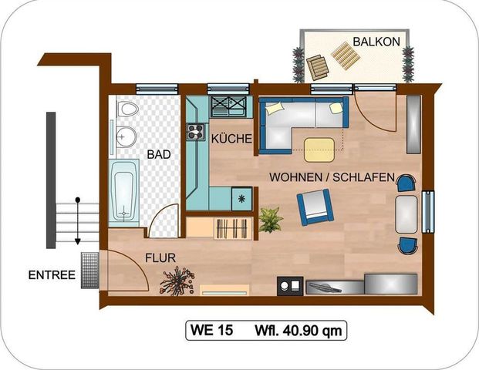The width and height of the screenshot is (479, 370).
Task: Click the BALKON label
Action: point(376,42)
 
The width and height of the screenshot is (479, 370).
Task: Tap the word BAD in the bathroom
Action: point(159,154)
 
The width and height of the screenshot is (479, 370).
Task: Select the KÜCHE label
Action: point(231,139)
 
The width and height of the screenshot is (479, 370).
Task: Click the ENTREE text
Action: point(51,274)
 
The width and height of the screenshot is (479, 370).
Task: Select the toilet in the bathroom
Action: point(127,110)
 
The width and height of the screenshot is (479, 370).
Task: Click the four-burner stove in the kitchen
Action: point(194,131)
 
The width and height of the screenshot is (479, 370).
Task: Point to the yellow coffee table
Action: point(321,149)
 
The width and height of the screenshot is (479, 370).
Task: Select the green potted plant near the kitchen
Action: point(271,220)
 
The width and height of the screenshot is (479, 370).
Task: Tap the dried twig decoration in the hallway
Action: point(177,281)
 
